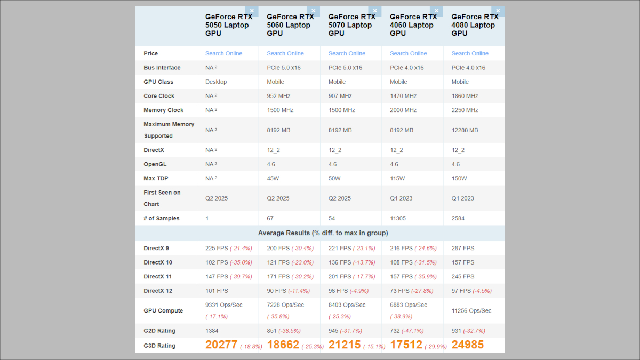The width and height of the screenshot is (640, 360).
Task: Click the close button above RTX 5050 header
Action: pyautogui.click(x=251, y=11)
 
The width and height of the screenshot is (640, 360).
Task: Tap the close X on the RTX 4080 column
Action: pyautogui.click(x=498, y=11)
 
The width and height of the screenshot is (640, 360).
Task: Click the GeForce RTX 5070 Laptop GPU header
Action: pyautogui.click(x=351, y=25)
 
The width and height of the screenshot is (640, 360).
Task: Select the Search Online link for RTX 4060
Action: pyautogui.click(x=408, y=53)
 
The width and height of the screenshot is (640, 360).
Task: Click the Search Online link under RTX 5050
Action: pyautogui.click(x=223, y=53)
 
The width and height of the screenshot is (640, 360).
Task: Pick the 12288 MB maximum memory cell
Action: pyautogui.click(x=465, y=130)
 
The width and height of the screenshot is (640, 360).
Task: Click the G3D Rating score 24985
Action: pyautogui.click(x=467, y=345)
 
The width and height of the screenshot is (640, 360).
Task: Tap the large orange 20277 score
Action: pyautogui.click(x=221, y=345)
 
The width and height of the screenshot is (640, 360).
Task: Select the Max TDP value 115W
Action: pyautogui.click(x=397, y=178)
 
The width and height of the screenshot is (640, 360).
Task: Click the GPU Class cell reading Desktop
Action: pyautogui.click(x=216, y=82)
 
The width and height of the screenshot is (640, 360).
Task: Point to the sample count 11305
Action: pyautogui.click(x=401, y=218)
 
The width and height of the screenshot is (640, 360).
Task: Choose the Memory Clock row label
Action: pyautogui.click(x=163, y=110)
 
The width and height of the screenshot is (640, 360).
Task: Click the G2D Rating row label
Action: pyautogui.click(x=159, y=331)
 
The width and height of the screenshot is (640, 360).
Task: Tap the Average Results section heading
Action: pyautogui.click(x=323, y=233)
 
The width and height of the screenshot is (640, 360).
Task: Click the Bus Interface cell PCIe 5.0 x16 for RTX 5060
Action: pyautogui.click(x=284, y=68)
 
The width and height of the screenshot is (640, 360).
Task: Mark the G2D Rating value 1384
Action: pyautogui.click(x=212, y=331)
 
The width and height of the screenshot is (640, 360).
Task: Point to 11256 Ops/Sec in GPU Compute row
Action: pyautogui.click(x=471, y=310)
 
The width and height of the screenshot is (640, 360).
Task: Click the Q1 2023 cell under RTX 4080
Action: pyautogui.click(x=462, y=198)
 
